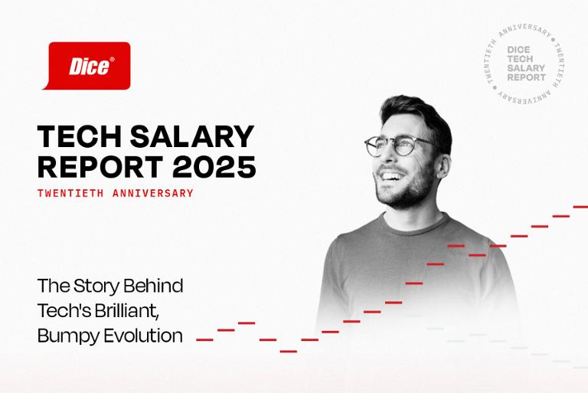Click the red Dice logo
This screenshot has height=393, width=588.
pos(87,66)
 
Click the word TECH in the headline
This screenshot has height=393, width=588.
pos(80,136)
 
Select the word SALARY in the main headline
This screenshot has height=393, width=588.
pos(192,136)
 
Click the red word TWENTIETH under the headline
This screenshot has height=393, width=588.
pos(70,193)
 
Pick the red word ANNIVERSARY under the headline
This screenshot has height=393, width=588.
pos(153,193)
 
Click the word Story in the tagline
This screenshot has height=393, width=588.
pos(96,287)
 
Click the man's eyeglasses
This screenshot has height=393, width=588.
pos(398,145)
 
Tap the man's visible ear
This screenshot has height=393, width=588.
pos(443,166)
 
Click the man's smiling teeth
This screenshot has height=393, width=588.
pos(390,176)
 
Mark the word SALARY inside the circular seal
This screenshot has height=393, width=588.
pos(526,68)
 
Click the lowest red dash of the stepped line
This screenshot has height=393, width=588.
pos(289,352)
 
